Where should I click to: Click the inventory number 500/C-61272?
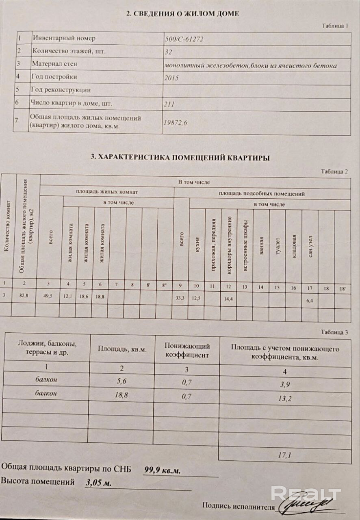[183, 39]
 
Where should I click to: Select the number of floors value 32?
[169, 52]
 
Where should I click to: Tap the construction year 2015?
[171, 78]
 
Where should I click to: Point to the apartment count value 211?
[169, 104]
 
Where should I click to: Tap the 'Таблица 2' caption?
[334, 171]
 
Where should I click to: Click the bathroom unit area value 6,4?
[310, 301]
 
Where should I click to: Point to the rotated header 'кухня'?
[197, 245]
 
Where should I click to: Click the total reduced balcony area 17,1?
[284, 455]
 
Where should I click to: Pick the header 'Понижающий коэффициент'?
[187, 351]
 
